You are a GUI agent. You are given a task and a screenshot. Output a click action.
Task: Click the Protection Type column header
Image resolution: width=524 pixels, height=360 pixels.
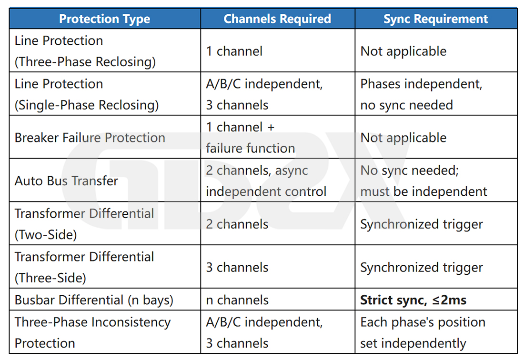105,19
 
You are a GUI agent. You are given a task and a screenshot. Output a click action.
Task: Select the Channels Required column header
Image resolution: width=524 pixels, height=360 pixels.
277,19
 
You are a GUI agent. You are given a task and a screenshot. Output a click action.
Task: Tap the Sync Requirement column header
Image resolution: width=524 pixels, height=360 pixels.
436,19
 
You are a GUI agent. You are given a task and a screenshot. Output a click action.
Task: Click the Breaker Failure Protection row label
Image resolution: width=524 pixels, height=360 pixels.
90,138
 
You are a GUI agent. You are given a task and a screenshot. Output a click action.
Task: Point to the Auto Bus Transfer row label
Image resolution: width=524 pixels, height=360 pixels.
66,181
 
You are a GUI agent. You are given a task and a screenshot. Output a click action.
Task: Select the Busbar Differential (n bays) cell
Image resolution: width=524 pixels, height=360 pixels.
94,300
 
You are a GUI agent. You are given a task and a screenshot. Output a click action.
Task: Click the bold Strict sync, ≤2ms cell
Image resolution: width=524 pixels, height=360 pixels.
413,300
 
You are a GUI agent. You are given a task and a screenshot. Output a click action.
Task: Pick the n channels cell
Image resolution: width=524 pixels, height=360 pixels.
237,300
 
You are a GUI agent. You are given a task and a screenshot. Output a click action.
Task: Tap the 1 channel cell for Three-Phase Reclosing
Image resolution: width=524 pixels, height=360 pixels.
234,51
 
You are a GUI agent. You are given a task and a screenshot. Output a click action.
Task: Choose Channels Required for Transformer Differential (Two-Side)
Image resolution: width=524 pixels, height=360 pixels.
237,224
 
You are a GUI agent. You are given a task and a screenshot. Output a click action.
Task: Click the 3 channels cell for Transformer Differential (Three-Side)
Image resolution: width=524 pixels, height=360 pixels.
237,268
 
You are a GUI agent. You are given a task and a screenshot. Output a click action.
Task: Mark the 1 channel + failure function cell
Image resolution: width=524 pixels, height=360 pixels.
251,138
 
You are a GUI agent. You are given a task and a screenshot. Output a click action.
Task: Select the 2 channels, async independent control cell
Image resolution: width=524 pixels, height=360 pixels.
266,181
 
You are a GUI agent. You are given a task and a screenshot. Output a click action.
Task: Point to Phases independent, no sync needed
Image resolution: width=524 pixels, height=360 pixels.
422,94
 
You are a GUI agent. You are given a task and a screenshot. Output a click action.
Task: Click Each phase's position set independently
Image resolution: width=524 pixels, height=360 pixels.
423,332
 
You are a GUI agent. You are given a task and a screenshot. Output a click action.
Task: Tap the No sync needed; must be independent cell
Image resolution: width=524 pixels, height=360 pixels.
424,181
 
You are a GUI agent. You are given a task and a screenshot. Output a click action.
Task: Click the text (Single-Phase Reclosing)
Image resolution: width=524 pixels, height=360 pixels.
87,105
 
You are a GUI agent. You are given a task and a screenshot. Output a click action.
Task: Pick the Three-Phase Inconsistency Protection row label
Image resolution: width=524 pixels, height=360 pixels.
92,332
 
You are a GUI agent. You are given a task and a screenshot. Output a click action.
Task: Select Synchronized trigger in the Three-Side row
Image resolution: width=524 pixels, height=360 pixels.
422,268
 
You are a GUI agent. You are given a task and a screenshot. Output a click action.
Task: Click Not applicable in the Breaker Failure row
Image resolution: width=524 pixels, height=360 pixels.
403,138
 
